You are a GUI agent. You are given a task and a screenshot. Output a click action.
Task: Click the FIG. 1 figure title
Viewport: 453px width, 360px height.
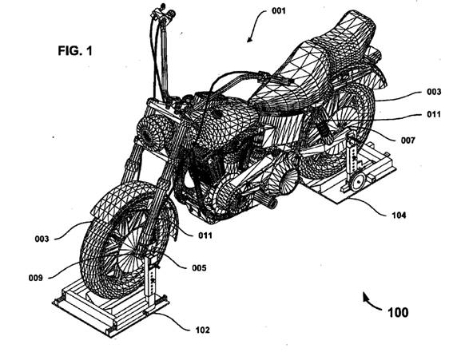75,51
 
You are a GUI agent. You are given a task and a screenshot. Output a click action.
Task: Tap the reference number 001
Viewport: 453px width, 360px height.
279,11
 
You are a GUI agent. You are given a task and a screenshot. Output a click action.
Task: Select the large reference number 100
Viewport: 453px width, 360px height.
398,312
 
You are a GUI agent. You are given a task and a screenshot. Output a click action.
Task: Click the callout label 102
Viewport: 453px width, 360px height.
202,330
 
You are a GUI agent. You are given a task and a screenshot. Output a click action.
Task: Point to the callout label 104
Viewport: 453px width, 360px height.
399,215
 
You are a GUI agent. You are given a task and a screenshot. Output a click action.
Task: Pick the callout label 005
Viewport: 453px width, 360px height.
200,268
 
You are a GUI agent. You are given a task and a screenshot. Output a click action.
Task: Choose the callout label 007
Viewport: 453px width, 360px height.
408,140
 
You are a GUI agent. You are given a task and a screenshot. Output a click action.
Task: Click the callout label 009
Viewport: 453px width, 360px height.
36,278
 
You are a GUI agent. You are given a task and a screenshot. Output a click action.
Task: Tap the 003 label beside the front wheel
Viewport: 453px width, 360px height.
42,239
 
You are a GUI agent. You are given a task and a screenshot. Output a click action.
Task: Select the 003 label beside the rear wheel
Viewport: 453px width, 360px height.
434,92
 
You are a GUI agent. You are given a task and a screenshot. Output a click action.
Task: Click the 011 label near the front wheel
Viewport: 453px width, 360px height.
205,235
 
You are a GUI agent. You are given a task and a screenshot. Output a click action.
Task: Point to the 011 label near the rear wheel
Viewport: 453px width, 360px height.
434,114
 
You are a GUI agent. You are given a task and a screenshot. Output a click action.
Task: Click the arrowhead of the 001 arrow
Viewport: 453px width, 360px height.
248,40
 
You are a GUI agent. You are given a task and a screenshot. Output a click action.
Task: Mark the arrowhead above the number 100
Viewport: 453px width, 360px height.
365,296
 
